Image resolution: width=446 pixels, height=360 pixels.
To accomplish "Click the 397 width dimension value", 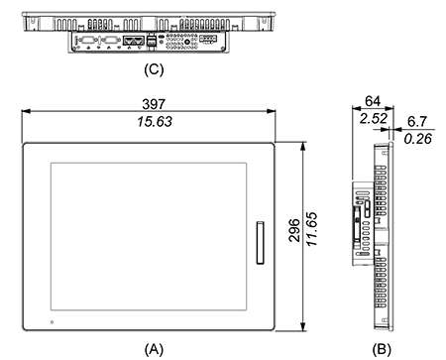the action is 154,104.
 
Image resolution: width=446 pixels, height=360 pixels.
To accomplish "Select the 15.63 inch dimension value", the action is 155,122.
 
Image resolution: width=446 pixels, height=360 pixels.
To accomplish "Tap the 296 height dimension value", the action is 294,230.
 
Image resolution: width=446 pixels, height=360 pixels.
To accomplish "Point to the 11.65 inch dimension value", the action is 312,229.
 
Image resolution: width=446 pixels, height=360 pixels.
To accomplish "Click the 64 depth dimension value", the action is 373,101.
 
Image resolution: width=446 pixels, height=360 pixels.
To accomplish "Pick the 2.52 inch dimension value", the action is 374,118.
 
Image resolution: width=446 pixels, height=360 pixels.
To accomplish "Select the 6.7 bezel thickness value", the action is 417,122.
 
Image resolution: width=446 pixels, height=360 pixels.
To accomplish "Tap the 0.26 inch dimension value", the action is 418,139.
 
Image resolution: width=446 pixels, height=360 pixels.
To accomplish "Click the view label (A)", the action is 154,349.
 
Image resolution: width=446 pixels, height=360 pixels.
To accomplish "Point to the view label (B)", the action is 382,349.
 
